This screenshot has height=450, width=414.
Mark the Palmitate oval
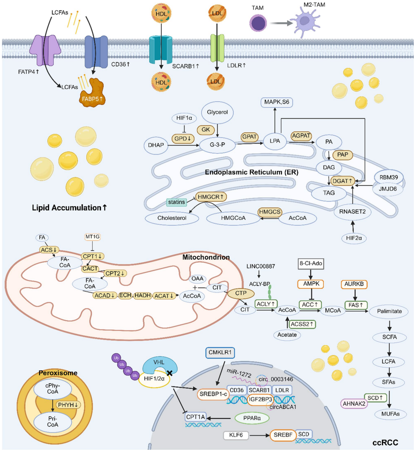pyautogui.click(x=388, y=312)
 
